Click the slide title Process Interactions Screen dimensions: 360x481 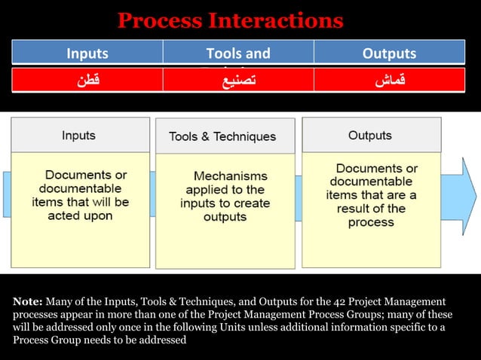[x=230, y=20]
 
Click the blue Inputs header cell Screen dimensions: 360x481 [x=87, y=53]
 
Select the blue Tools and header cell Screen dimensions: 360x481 [x=238, y=53]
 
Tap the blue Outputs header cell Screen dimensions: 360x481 [x=389, y=53]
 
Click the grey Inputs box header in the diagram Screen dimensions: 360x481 [x=78, y=136]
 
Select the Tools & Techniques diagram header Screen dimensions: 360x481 [x=222, y=137]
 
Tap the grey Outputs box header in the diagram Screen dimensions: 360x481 [x=370, y=136]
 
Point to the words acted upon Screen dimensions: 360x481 [x=80, y=216]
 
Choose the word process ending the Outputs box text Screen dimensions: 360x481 [x=371, y=222]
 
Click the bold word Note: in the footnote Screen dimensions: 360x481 [x=27, y=301]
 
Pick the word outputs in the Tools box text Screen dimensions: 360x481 [x=225, y=217]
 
